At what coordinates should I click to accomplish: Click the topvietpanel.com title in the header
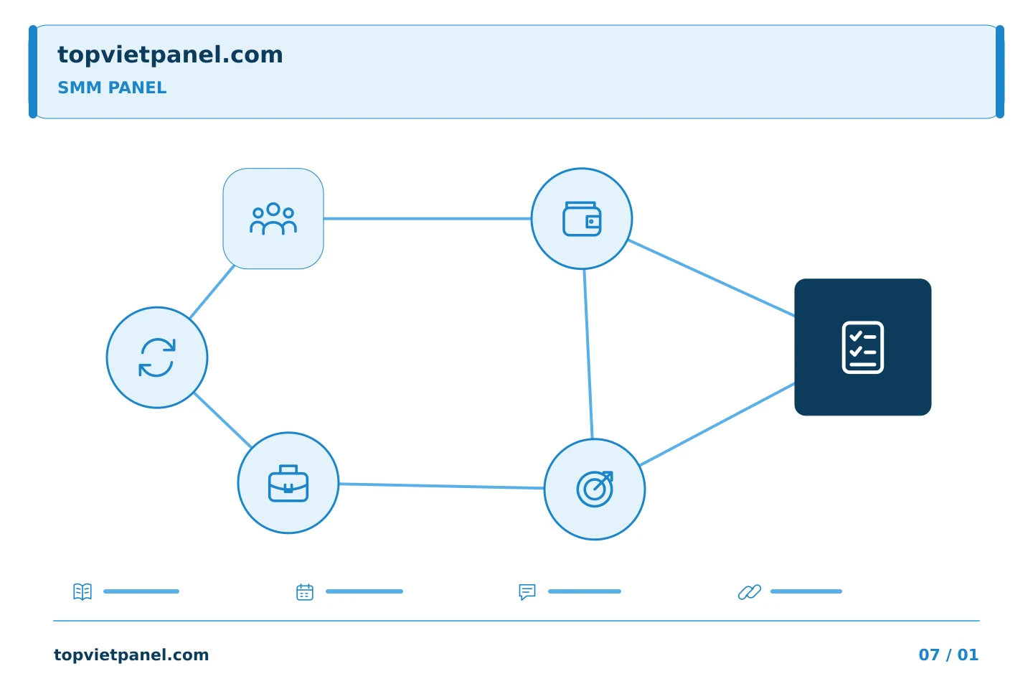click(x=170, y=55)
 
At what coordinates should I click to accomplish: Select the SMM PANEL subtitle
click(x=112, y=88)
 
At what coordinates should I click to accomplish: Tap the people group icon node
click(x=273, y=218)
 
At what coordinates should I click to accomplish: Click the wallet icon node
click(x=582, y=218)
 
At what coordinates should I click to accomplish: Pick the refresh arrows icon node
click(x=157, y=357)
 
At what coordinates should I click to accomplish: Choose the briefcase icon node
click(x=288, y=483)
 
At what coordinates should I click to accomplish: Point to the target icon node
click(x=595, y=489)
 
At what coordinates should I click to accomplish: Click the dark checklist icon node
click(x=862, y=347)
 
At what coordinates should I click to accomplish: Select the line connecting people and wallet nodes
click(x=427, y=218)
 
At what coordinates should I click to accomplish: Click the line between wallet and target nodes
click(x=588, y=354)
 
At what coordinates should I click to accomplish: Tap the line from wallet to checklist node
click(x=711, y=278)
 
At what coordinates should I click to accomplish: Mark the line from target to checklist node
click(x=717, y=424)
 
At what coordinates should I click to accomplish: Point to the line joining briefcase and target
click(x=441, y=485)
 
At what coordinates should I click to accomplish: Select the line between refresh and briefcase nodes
click(x=222, y=420)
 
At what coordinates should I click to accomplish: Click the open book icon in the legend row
click(x=82, y=591)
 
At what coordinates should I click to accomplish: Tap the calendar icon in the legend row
click(x=305, y=591)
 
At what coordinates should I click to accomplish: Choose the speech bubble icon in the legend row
click(x=527, y=591)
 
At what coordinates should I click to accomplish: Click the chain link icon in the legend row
click(x=750, y=591)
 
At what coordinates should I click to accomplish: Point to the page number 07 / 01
click(x=948, y=655)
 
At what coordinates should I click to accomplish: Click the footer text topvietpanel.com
click(x=131, y=655)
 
